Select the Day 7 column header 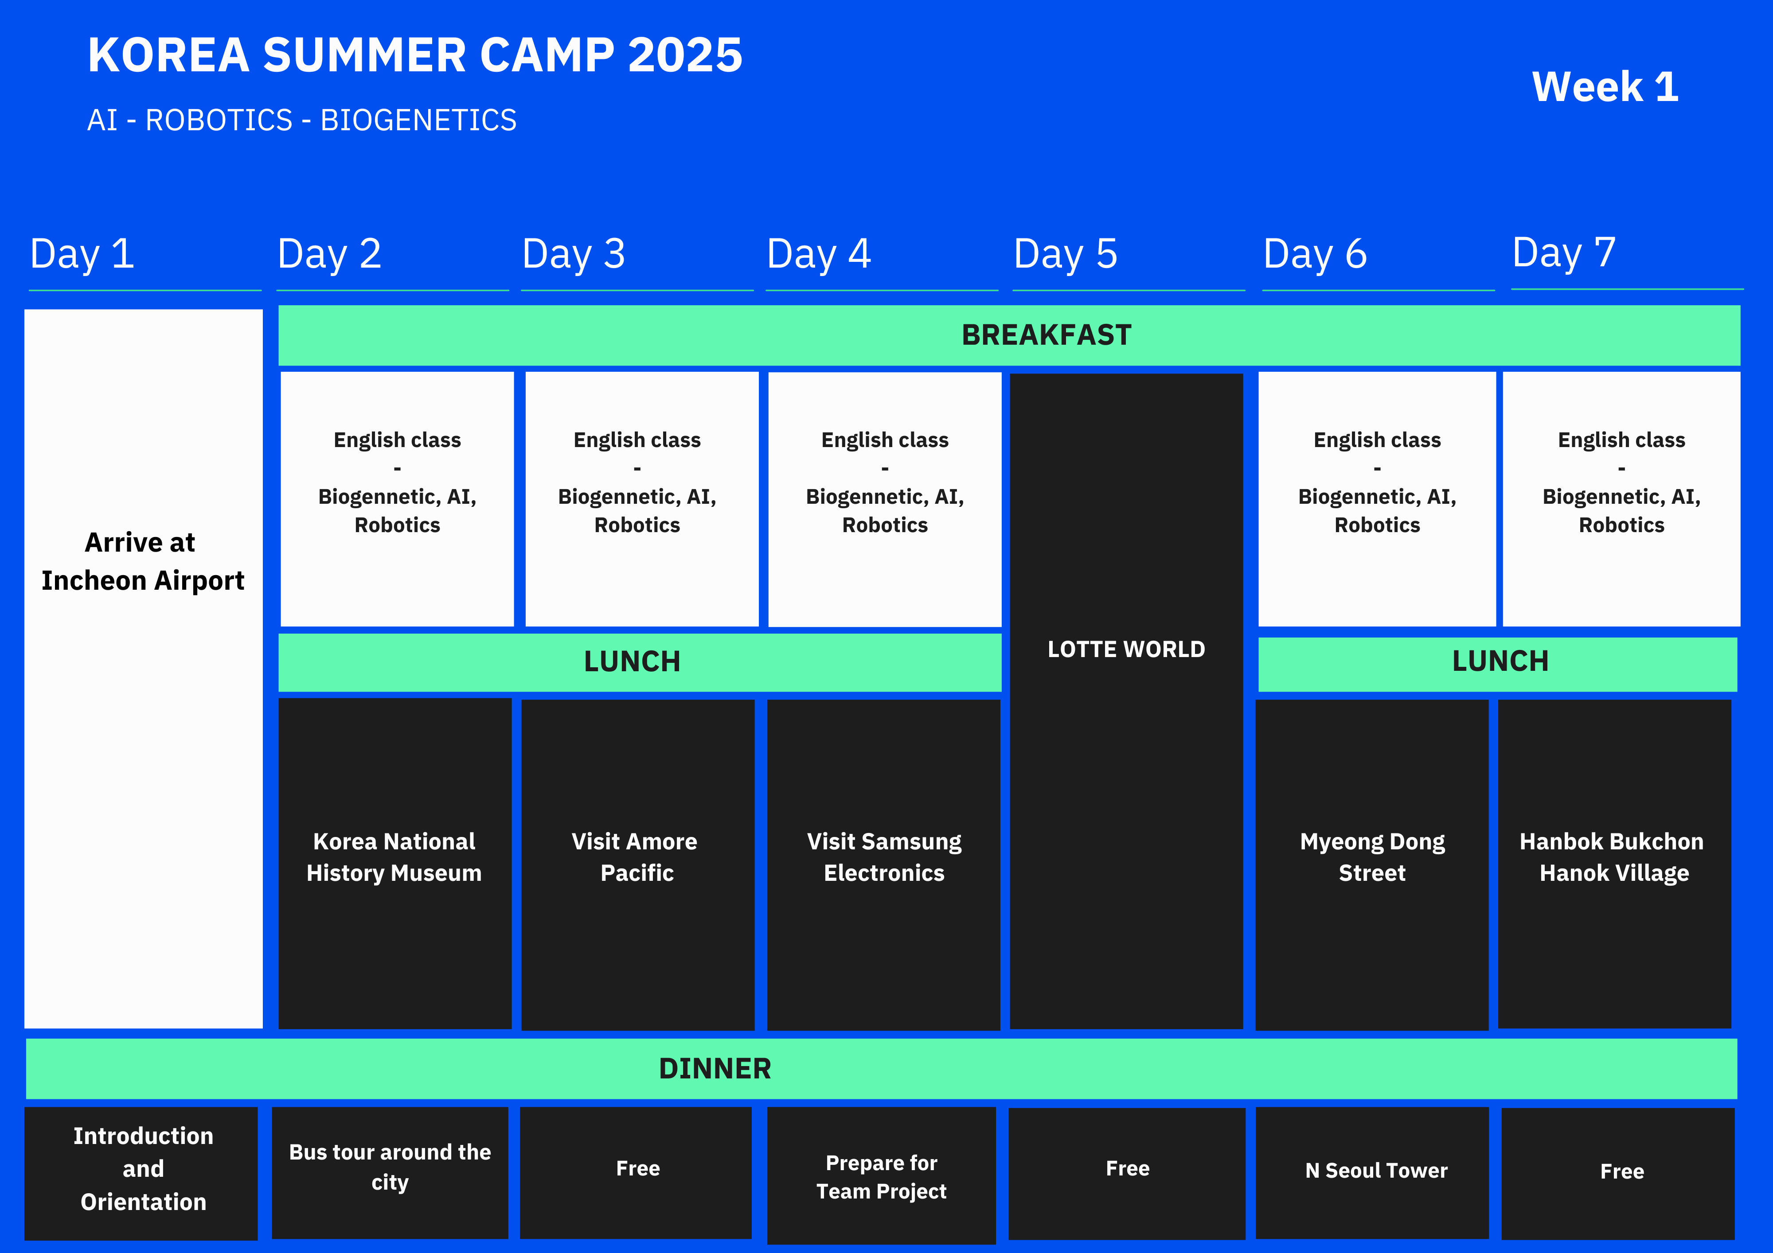point(1564,253)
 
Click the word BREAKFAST point(1047,335)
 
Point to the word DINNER point(715,1069)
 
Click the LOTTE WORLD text point(1126,649)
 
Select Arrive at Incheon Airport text point(142,561)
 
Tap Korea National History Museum point(394,857)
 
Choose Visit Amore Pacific point(635,857)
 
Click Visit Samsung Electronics point(884,857)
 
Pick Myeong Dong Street point(1372,857)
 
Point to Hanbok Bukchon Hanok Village point(1613,857)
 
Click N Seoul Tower point(1376,1171)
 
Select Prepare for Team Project point(881,1177)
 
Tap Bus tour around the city point(390,1167)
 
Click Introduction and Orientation point(143,1169)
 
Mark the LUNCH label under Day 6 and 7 point(1500,662)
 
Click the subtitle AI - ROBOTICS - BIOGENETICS point(302,121)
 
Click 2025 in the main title point(685,55)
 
